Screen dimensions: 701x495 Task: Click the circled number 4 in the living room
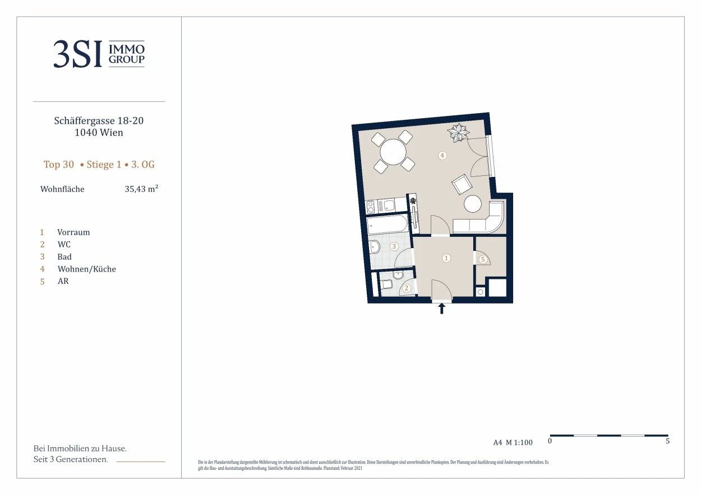[x=442, y=155]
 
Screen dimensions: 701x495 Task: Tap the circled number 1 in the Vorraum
[x=446, y=258]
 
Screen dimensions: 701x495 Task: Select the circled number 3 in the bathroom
[x=394, y=246]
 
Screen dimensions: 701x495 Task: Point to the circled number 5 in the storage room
[x=483, y=259]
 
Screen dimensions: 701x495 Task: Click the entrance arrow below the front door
[x=441, y=309]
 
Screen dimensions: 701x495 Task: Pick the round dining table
[x=393, y=152]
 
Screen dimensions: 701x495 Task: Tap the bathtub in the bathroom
[x=388, y=225]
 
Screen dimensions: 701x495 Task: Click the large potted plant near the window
[x=458, y=133]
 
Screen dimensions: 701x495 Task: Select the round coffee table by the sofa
[x=473, y=204]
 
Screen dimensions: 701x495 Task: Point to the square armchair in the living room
[x=462, y=184]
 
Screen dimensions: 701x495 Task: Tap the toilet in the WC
[x=386, y=284]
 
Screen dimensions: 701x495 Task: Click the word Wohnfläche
[x=62, y=189]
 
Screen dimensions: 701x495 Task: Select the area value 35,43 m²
[x=141, y=189]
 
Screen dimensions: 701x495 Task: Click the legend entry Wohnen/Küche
[x=87, y=269]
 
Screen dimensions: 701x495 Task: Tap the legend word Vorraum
[x=73, y=232]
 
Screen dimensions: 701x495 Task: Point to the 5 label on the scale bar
[x=667, y=441]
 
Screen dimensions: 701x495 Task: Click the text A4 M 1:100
[x=513, y=442]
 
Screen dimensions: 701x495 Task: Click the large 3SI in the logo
[x=78, y=54]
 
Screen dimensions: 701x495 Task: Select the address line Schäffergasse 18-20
[x=99, y=120]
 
